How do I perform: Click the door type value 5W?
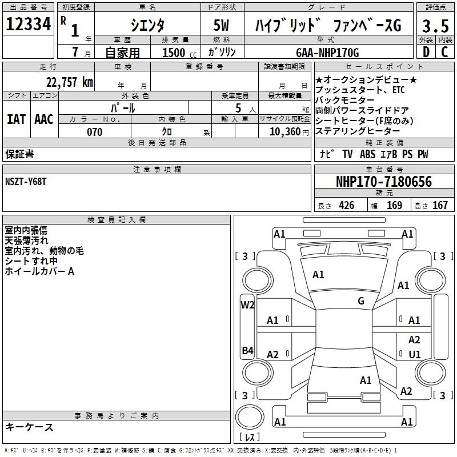pos(222,26)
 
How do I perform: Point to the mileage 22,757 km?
pos(69,82)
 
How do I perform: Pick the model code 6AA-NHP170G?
pos(327,53)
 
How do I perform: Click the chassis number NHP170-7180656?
pos(383,182)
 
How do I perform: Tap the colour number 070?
pos(94,132)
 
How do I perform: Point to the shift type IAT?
pos(16,119)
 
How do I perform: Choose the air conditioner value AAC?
pos(44,119)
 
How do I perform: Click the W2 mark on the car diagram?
pos(247,304)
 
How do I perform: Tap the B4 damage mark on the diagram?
pos(247,351)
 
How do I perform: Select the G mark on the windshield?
pos(361,301)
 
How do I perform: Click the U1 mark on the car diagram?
pos(415,354)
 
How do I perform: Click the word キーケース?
pos(29,427)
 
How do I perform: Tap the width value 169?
pos(394,206)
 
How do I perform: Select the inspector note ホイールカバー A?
pos(39,271)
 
